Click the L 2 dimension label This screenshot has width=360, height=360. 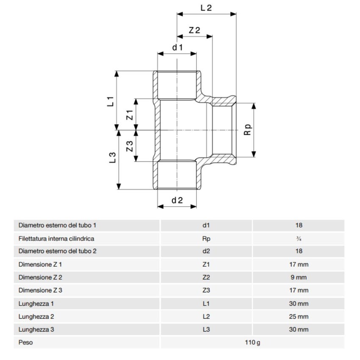coord(205,8)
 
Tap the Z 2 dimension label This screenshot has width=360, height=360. coord(194,30)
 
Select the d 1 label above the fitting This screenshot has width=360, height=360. coord(177,47)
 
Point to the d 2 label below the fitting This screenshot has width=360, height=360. coord(177,200)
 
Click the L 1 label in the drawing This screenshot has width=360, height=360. coord(111,101)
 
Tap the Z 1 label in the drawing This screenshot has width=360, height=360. coord(130,114)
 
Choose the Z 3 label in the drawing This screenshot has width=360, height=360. coord(130,146)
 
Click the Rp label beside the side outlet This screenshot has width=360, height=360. coord(248,129)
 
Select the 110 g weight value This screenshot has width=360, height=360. coord(252,342)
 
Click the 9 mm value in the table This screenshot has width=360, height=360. coord(299,277)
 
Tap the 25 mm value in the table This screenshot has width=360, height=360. coord(299,316)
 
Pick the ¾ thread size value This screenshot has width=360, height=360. coord(299,238)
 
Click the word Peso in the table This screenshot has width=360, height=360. coord(25,342)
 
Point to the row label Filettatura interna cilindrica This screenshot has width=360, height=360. coord(56,238)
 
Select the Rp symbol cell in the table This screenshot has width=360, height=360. coord(206,238)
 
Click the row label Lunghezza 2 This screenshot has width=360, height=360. coord(36,316)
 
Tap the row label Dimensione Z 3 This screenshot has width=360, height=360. coord(41,291)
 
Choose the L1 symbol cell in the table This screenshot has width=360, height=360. coord(206,304)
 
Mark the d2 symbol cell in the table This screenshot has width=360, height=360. coord(206,251)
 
